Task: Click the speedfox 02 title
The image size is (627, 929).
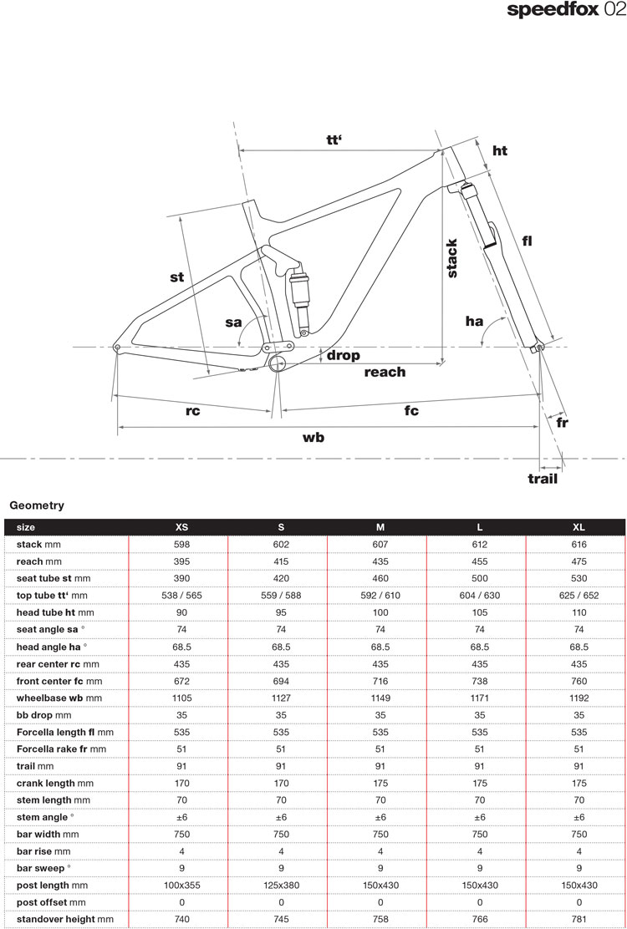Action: coord(565,11)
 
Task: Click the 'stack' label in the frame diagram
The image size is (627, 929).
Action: coord(452,258)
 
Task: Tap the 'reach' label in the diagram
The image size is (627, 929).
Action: coord(385,372)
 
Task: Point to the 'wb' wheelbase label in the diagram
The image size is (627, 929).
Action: coord(313,437)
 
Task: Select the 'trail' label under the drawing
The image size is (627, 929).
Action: coord(542,479)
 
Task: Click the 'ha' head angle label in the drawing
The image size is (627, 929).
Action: coord(475,321)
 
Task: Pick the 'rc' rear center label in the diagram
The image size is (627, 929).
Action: coord(193,410)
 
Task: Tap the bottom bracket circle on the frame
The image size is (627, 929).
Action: coord(278,362)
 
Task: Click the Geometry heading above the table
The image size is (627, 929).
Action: coord(37,505)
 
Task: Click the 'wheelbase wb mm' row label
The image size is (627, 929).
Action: coord(59,698)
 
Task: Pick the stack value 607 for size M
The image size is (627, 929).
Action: coord(380,544)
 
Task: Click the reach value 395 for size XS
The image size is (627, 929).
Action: coord(181,561)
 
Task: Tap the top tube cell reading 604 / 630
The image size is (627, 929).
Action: coord(480,596)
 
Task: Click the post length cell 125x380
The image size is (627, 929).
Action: coord(281,885)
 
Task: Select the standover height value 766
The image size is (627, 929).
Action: coord(480,919)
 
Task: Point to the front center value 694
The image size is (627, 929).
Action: coord(281,681)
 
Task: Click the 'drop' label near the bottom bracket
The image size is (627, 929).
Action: coord(343,355)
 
